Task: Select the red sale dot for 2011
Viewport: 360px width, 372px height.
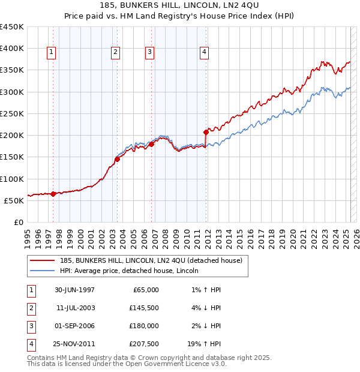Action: (206, 132)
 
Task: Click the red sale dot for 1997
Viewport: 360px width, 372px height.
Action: (53, 194)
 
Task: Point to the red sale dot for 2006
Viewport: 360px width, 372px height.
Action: (152, 144)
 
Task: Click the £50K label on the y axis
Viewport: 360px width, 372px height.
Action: (14, 200)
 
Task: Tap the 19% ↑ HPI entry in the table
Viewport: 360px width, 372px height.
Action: (203, 344)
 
